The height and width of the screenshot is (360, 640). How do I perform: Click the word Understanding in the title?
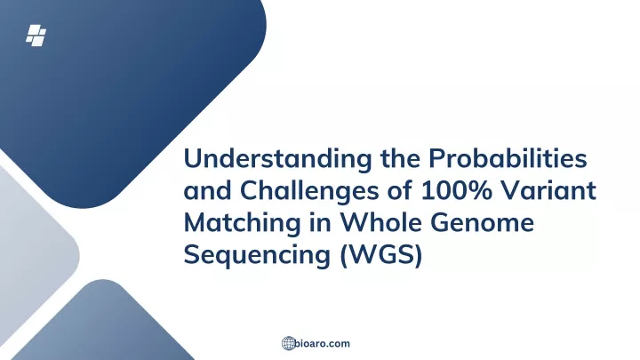point(278,159)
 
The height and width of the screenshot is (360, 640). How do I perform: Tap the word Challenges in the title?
point(309,191)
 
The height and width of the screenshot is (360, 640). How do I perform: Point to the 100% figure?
point(457,190)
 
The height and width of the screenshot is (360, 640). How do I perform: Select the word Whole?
point(381,222)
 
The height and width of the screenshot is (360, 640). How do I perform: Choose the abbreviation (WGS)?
point(380,255)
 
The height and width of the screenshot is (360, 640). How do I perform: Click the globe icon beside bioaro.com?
point(288,343)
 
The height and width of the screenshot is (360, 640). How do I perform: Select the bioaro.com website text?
point(322,343)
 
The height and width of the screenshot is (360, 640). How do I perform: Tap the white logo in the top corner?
point(36,36)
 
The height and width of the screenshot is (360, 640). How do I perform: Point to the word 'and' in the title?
point(208,190)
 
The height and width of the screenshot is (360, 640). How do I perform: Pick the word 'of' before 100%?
point(400,190)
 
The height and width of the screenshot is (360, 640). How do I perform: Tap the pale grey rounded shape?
point(33,253)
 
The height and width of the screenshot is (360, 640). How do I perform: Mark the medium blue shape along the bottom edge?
point(102,323)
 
